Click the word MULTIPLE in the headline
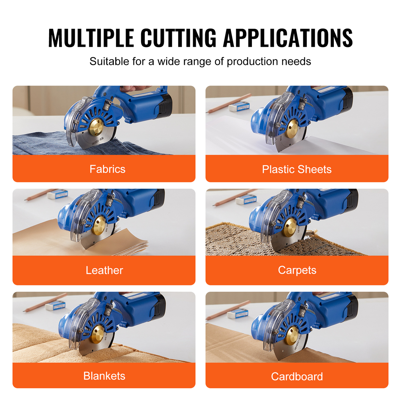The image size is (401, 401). point(91,38)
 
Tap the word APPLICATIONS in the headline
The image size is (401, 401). point(288,38)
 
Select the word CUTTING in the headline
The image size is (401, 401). point(178,38)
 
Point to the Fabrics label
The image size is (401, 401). point(107,169)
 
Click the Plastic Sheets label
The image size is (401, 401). point(297,169)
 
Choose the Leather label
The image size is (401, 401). point(104,270)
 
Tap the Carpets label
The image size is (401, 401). point(297,270)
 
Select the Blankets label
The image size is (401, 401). point(104,376)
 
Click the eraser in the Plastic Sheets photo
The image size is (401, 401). point(239,106)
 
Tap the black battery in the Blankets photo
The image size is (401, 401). point(160,305)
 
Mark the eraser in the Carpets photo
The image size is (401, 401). point(246,199)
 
